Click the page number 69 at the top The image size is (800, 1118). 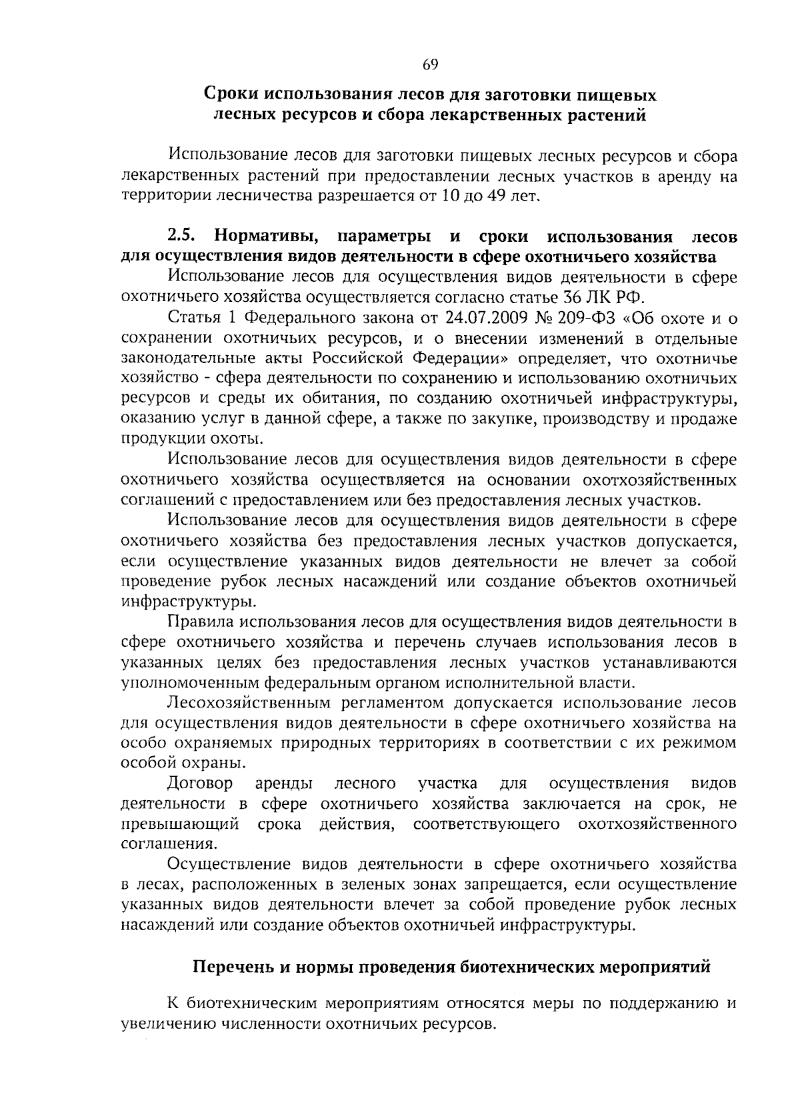429,65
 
